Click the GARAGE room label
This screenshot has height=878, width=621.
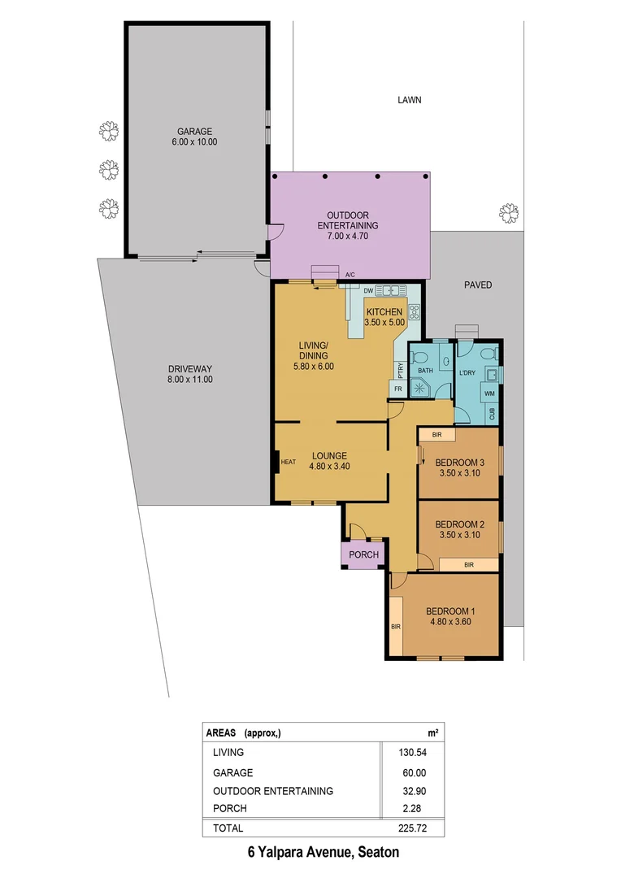[x=195, y=131]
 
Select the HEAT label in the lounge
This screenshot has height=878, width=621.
[x=289, y=463]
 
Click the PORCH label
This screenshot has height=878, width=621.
[x=363, y=555]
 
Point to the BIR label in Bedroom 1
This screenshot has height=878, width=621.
[x=396, y=627]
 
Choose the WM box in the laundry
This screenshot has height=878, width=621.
[x=489, y=393]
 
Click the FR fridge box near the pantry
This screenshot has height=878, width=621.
[x=399, y=389]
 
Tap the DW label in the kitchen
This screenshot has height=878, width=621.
[x=368, y=290]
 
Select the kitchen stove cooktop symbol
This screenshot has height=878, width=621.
[x=414, y=311]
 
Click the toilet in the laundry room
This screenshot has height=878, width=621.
[x=486, y=354]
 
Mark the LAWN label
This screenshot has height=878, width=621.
[x=410, y=101]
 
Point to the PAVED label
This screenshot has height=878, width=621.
[x=478, y=285]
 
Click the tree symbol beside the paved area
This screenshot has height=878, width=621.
[x=509, y=213]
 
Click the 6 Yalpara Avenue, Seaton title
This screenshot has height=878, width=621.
[x=324, y=853]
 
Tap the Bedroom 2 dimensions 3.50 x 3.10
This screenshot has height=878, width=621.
[x=460, y=536]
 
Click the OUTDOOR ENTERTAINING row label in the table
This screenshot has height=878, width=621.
[x=273, y=791]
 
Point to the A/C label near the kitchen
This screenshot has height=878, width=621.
[x=350, y=276]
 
